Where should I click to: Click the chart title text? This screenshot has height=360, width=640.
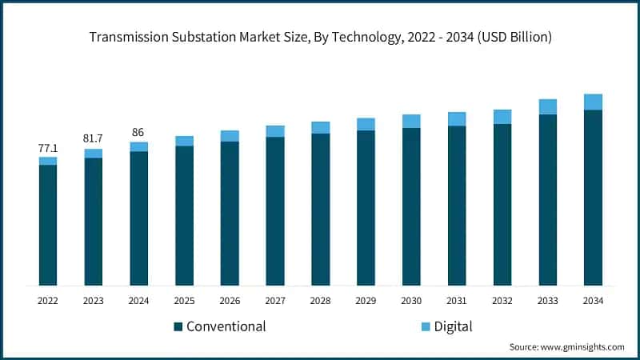(320, 37)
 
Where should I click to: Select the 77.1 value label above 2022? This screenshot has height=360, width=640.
(48, 148)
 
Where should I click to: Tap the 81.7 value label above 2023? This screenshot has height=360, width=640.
(94, 139)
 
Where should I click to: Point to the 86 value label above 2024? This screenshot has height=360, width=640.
(139, 133)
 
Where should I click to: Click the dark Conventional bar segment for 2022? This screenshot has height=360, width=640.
(48, 225)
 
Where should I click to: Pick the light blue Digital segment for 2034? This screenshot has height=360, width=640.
(593, 102)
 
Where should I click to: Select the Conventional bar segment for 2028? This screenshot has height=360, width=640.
(321, 209)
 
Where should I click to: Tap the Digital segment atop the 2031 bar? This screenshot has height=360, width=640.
(457, 119)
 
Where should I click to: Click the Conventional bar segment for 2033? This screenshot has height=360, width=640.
(547, 199)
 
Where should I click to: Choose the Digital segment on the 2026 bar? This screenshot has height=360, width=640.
(230, 136)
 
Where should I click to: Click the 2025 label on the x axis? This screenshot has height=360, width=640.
(184, 301)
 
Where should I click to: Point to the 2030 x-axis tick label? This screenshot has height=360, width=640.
(411, 301)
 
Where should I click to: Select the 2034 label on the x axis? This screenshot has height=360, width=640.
(593, 301)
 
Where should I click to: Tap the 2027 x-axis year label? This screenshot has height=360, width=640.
(275, 301)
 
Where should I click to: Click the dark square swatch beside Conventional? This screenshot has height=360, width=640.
(178, 326)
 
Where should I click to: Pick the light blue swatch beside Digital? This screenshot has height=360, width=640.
(425, 326)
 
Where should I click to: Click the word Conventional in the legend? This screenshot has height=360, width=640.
(226, 326)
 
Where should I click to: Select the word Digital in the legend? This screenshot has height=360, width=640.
(454, 326)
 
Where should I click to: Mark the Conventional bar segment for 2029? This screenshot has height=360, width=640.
(366, 207)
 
